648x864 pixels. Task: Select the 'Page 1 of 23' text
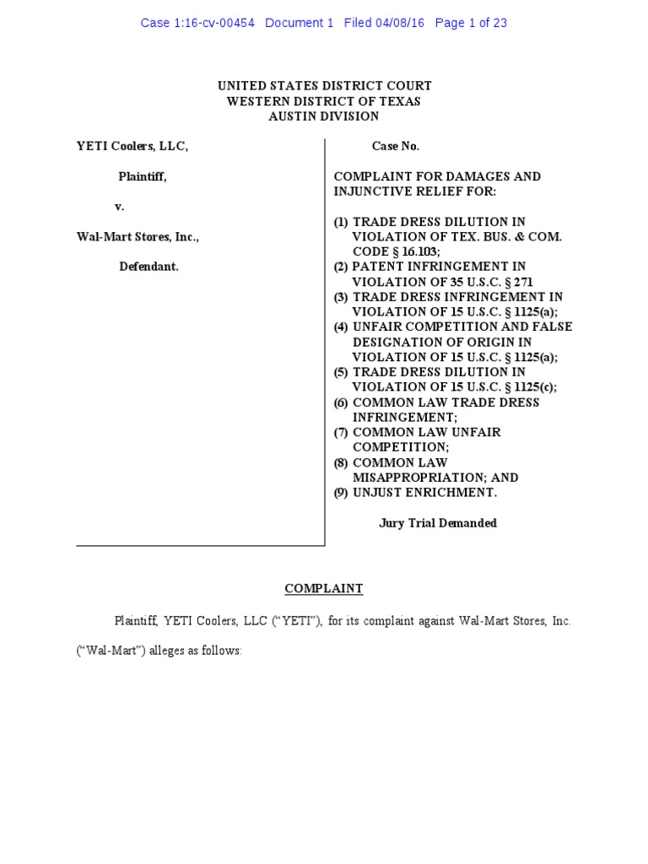click(x=471, y=23)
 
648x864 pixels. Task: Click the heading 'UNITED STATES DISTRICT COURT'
click(x=324, y=86)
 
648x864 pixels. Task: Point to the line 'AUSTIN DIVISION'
click(x=324, y=116)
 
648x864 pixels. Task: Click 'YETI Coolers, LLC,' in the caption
click(x=132, y=146)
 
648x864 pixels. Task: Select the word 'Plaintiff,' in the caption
click(x=142, y=176)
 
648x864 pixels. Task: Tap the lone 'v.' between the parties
click(x=120, y=207)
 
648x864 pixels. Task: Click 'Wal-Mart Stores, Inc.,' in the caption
click(x=138, y=237)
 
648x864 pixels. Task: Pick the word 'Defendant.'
click(x=148, y=267)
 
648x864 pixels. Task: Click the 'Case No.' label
click(x=396, y=146)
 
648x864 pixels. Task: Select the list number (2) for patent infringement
click(x=341, y=267)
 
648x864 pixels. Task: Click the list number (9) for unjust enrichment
click(x=341, y=493)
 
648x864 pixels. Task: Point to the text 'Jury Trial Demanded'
click(x=438, y=523)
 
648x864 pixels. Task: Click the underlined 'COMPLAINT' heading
click(x=324, y=589)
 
